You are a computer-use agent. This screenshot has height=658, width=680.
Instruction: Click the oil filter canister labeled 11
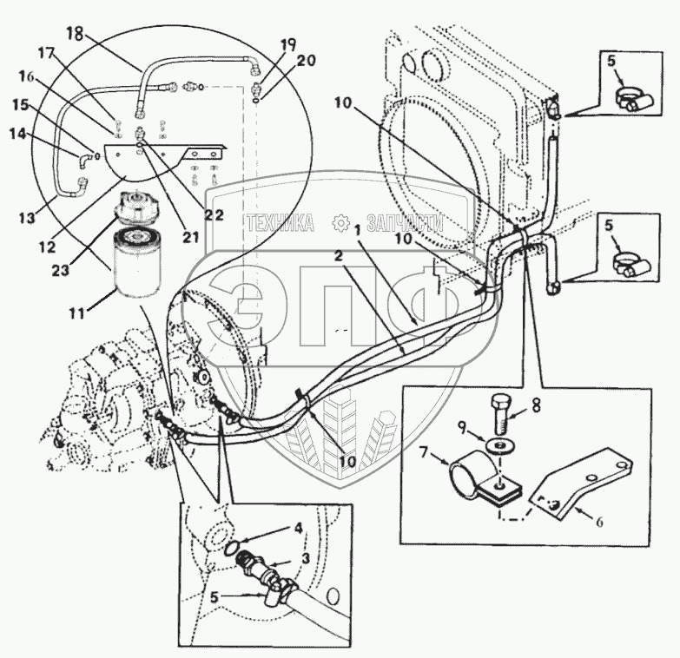coord(138,264)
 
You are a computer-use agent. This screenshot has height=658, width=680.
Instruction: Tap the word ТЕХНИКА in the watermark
coord(280,223)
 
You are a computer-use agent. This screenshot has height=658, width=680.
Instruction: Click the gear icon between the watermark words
coord(340,223)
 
